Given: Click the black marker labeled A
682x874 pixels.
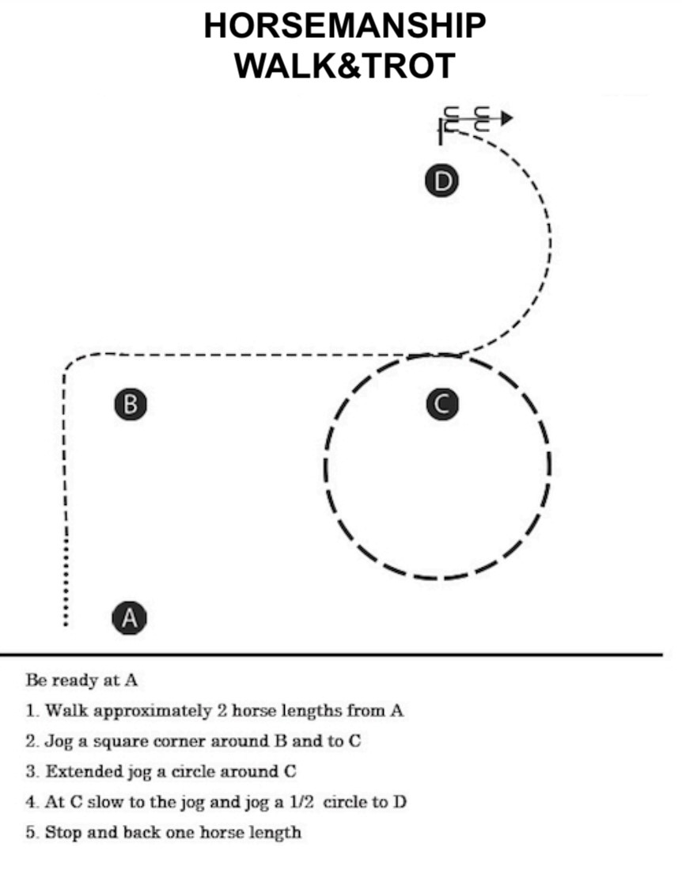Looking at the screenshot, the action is coord(130,617).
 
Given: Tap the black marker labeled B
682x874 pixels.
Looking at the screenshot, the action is coord(131,404).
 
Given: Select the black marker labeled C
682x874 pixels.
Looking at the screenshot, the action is coord(442,404).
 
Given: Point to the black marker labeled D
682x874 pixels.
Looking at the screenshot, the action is coord(441,181).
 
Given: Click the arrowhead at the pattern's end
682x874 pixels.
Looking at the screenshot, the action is coord(506,118).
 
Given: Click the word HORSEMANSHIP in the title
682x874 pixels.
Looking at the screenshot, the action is coord(345,25).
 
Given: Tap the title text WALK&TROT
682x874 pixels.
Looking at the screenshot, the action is coord(345,66).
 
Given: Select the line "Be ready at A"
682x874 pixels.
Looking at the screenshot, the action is coord(81,681).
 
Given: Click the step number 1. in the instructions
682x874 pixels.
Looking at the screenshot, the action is coord(33,711).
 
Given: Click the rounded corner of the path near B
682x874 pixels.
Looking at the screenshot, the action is coord(73,361).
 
